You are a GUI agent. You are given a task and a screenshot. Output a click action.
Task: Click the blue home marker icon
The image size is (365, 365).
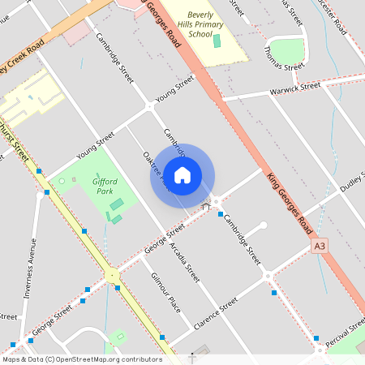coord(182,174)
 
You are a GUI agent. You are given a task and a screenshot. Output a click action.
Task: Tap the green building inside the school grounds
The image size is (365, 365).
coord(217,40)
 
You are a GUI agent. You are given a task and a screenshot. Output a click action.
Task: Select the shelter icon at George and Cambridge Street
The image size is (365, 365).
coord(206,207)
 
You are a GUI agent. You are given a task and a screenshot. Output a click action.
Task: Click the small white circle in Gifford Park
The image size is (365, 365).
coord(62,181)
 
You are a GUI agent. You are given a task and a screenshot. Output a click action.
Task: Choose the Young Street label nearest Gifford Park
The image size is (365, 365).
coord(96,147)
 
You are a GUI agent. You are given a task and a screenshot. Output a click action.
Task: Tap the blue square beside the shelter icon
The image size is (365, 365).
coord(220,214)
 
